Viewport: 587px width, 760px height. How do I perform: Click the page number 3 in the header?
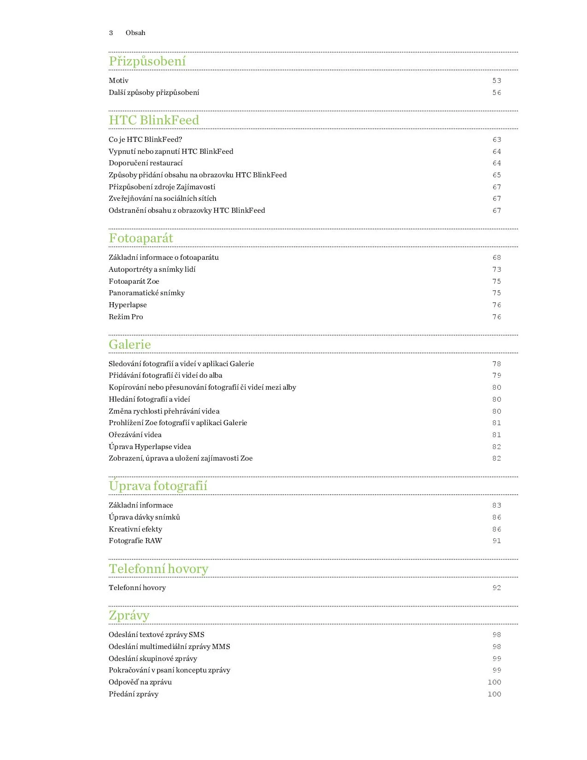(111, 33)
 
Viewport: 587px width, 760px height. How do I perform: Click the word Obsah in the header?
(135, 33)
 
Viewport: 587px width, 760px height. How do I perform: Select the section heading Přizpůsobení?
(147, 61)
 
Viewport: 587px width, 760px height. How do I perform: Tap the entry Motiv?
(118, 81)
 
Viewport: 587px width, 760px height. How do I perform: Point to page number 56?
(496, 93)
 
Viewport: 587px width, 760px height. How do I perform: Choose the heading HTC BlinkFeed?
(154, 120)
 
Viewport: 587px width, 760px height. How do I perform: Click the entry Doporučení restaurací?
(145, 163)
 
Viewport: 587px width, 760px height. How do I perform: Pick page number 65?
(496, 175)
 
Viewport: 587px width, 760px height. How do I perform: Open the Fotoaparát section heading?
(141, 238)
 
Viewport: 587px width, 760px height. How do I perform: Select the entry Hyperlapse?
(128, 305)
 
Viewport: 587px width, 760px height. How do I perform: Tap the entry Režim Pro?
(126, 317)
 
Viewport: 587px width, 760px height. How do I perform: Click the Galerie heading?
(130, 345)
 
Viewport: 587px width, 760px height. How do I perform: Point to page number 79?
(496, 375)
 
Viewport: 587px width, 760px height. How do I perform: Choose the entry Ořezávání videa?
(135, 435)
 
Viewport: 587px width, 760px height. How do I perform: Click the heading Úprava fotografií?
(158, 486)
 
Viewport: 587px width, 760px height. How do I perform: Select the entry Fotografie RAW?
(135, 541)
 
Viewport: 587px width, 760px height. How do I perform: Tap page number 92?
(496, 588)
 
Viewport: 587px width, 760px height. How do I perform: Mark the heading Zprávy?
(129, 615)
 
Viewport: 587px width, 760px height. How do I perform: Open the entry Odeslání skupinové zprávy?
(153, 659)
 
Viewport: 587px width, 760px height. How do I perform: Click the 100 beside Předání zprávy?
(494, 694)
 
